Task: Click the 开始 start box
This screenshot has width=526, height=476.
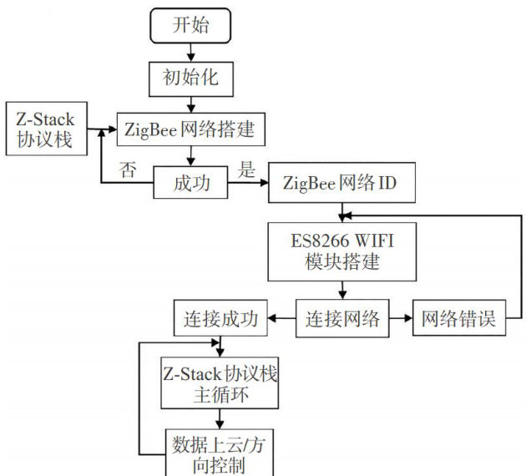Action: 190,25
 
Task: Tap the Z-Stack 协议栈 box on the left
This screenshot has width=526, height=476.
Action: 46,129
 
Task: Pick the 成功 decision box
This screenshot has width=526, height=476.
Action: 191,182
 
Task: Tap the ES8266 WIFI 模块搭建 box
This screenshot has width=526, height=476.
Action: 342,251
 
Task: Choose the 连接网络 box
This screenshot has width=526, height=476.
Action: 342,319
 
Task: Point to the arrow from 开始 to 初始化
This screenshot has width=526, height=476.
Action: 191,53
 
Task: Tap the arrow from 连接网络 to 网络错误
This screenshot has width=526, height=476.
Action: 400,319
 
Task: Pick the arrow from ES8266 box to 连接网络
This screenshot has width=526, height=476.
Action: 342,291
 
